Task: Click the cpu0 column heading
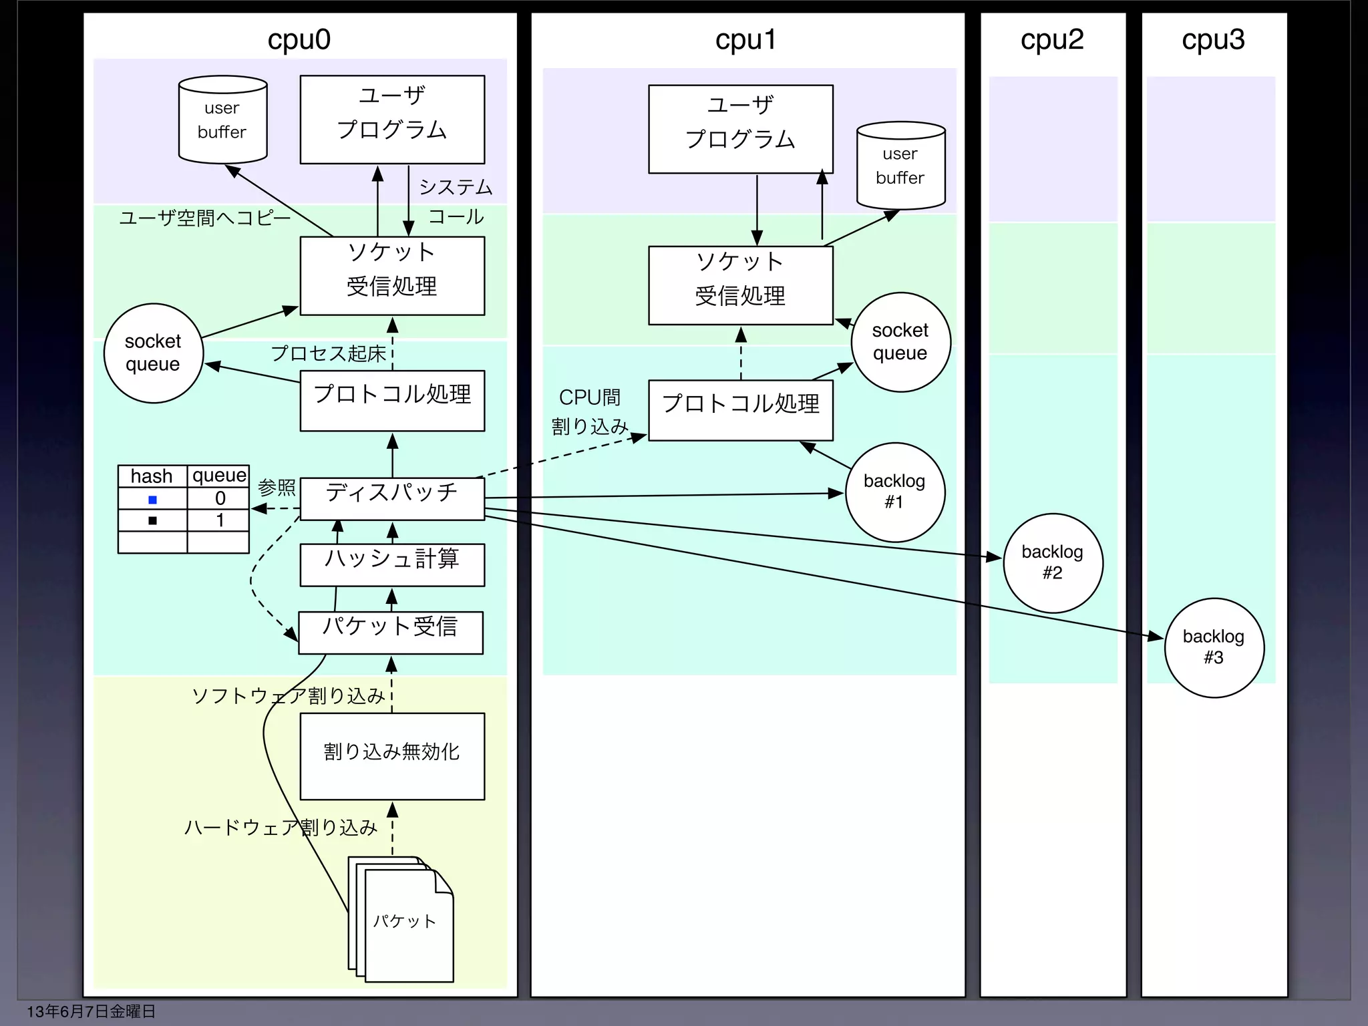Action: click(299, 39)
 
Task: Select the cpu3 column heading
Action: click(1213, 39)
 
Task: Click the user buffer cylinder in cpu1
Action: click(900, 166)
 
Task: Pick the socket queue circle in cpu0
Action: click(153, 353)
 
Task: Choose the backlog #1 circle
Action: click(894, 492)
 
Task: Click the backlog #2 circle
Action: click(1053, 562)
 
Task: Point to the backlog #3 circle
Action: click(1214, 647)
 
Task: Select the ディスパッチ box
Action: click(392, 498)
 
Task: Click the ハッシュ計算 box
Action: click(392, 564)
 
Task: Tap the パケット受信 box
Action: click(391, 632)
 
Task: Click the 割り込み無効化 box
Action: click(392, 755)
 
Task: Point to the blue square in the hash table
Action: click(152, 500)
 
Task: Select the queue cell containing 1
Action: click(219, 520)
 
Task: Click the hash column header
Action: click(152, 476)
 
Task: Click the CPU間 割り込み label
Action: click(589, 411)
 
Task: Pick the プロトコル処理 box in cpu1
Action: click(740, 409)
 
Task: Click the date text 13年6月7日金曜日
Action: click(91, 1011)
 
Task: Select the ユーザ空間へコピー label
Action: click(204, 218)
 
